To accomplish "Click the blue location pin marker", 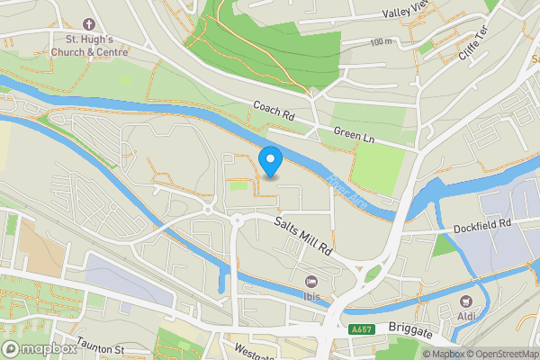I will coord(271,162).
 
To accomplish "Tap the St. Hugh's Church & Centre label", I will coord(89,45).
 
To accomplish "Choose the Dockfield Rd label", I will coord(482,222).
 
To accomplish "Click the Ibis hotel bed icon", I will coord(312,282).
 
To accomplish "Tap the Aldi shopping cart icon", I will coord(466,301).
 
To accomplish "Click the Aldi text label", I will coord(466,316).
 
